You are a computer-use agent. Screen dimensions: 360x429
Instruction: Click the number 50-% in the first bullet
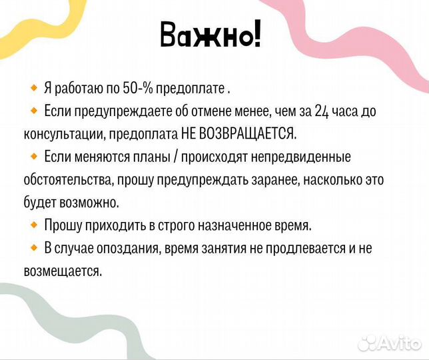137,88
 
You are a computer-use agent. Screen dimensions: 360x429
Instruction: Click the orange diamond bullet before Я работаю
34,87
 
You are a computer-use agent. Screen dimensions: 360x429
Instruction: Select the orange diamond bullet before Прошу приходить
34,225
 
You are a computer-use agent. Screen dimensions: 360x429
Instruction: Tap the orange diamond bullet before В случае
34,248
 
